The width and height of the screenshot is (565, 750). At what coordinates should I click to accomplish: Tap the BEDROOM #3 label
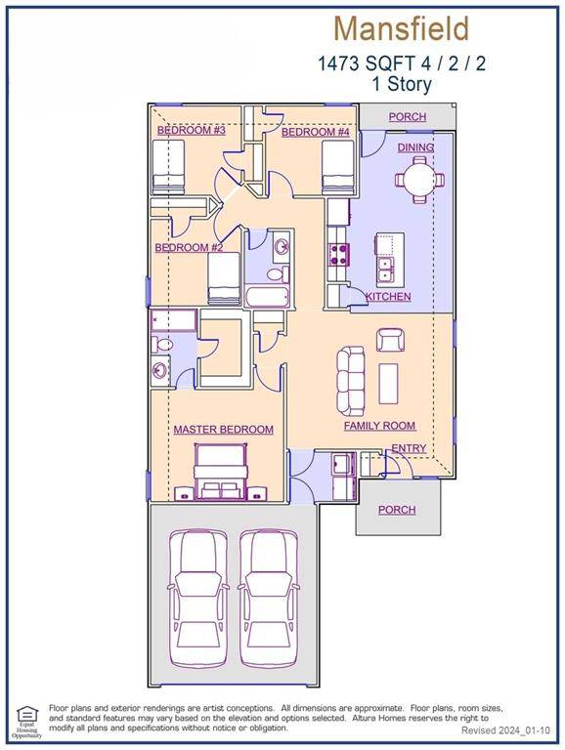[x=192, y=131]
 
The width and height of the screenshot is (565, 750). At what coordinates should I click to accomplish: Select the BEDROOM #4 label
[x=315, y=132]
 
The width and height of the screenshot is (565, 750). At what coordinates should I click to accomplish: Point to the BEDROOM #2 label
[x=189, y=248]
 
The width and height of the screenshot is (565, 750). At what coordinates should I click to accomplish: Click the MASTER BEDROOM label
[x=223, y=430]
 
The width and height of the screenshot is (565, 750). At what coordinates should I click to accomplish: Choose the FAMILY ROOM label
[x=379, y=426]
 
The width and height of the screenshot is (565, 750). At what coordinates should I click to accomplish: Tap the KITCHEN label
[x=388, y=297]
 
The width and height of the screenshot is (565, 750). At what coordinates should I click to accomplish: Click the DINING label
[x=415, y=147]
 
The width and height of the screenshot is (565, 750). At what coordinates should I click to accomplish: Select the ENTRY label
[x=409, y=448]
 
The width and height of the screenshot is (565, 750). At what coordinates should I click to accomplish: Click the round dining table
[x=416, y=181]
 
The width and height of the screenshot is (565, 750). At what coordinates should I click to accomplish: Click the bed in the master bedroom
[x=223, y=471]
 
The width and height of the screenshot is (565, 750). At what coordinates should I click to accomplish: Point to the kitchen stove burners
[x=340, y=255]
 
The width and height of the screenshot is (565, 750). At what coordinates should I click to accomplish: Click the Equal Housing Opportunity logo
[x=25, y=721]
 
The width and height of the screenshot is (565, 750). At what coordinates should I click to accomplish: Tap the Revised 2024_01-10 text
[x=505, y=730]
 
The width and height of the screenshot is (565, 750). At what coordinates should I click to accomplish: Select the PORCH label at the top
[x=407, y=117]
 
